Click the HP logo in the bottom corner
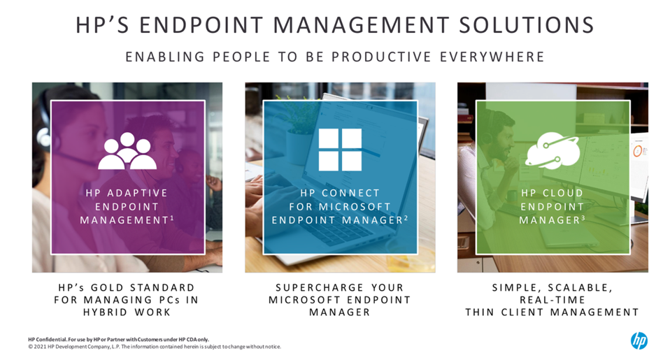point(639,341)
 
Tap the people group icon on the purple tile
point(127,151)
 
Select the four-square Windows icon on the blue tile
point(340,150)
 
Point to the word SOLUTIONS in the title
point(527,25)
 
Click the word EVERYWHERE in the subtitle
point(492,57)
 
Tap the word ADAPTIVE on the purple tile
point(137,193)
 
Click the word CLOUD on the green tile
point(563,193)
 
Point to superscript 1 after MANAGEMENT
point(172,218)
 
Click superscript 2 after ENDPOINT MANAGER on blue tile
point(406,218)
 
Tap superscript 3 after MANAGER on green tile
point(583,218)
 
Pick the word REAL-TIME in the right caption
point(552,300)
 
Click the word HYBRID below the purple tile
point(105,312)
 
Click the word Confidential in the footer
point(50,340)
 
